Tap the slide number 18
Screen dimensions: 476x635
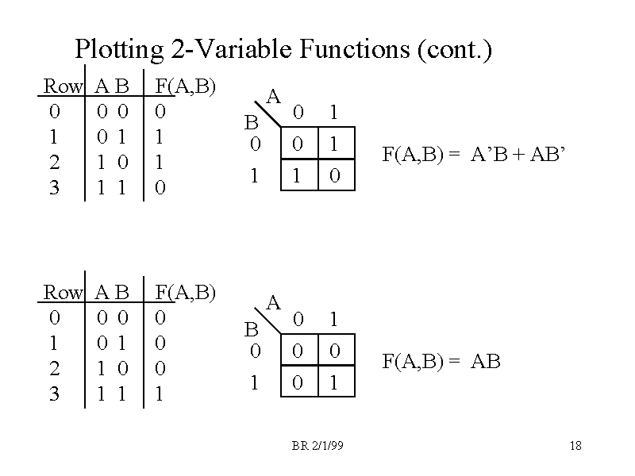[x=575, y=446]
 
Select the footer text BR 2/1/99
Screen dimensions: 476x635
[x=317, y=446]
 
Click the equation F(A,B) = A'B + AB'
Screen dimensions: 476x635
[x=475, y=154]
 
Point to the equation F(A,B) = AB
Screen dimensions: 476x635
[x=441, y=363]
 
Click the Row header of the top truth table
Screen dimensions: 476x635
[x=63, y=86]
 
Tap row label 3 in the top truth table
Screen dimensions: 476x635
[x=54, y=188]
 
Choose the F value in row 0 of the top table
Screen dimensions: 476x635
[x=160, y=112]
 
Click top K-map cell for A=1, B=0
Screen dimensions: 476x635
[x=334, y=144]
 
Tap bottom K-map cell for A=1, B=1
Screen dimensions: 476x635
[x=334, y=383]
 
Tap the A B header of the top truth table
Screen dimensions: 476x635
[x=112, y=86]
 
